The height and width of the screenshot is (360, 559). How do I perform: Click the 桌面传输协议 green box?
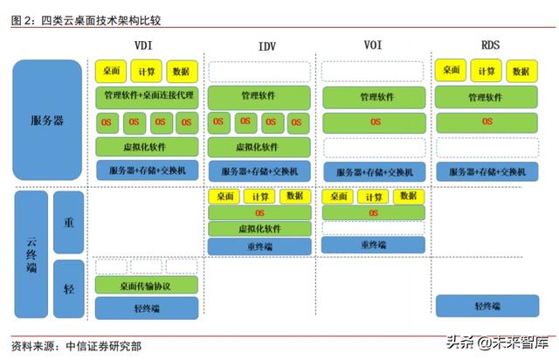point(145,285)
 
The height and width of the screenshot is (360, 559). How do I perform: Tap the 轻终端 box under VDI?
point(145,307)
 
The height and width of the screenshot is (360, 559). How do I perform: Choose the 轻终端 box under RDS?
point(487,306)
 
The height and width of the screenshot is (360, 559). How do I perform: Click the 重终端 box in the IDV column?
point(259,246)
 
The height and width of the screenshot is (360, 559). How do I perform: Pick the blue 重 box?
point(69,222)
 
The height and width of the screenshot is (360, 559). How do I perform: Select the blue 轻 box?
point(69,287)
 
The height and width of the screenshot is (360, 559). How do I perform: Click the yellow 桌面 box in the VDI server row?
point(112,71)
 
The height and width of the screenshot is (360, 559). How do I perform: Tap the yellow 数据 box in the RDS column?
point(520,71)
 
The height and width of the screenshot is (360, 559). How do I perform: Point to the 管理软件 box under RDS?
point(487,97)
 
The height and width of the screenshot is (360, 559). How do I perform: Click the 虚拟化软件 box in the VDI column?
point(146,146)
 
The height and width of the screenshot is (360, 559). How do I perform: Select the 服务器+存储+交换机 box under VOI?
point(374,171)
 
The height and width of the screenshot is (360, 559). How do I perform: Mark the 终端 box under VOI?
point(373,246)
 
